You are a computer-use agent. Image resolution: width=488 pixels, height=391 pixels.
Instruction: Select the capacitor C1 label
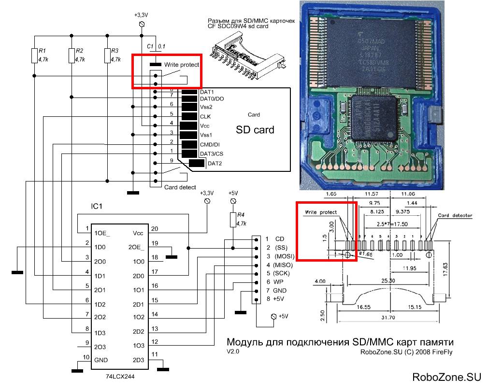click(150, 46)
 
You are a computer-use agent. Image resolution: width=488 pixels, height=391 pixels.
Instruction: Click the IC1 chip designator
click(97, 206)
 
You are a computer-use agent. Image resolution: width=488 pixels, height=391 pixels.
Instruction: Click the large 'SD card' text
click(255, 129)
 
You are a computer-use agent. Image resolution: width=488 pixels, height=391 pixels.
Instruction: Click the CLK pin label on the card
click(205, 116)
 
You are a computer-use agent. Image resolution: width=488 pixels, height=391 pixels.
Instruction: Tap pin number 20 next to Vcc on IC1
click(155, 229)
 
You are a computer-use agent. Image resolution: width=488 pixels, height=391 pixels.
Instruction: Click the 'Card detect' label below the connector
click(180, 187)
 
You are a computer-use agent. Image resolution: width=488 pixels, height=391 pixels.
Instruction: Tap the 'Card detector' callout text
click(455, 215)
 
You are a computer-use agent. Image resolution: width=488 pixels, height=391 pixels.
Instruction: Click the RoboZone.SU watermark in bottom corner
click(446, 377)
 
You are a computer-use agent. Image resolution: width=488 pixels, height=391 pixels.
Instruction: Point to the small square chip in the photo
click(375, 118)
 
